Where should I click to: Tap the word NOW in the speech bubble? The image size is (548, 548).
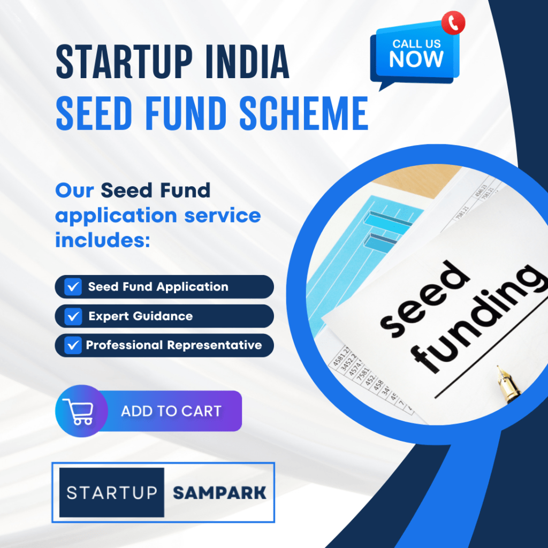pyautogui.click(x=416, y=59)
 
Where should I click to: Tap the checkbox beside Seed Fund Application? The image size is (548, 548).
pyautogui.click(x=72, y=287)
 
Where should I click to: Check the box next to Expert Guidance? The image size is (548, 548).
pyautogui.click(x=72, y=316)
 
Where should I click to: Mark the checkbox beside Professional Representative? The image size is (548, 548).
pyautogui.click(x=72, y=345)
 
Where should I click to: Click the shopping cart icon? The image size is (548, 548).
pyautogui.click(x=78, y=412)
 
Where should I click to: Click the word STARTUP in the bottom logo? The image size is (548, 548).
pyautogui.click(x=112, y=492)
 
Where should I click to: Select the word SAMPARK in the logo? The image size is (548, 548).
pyautogui.click(x=219, y=492)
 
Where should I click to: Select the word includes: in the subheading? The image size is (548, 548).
pyautogui.click(x=101, y=240)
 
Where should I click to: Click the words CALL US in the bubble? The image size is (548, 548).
pyautogui.click(x=416, y=43)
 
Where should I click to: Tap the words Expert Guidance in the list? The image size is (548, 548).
pyautogui.click(x=140, y=316)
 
